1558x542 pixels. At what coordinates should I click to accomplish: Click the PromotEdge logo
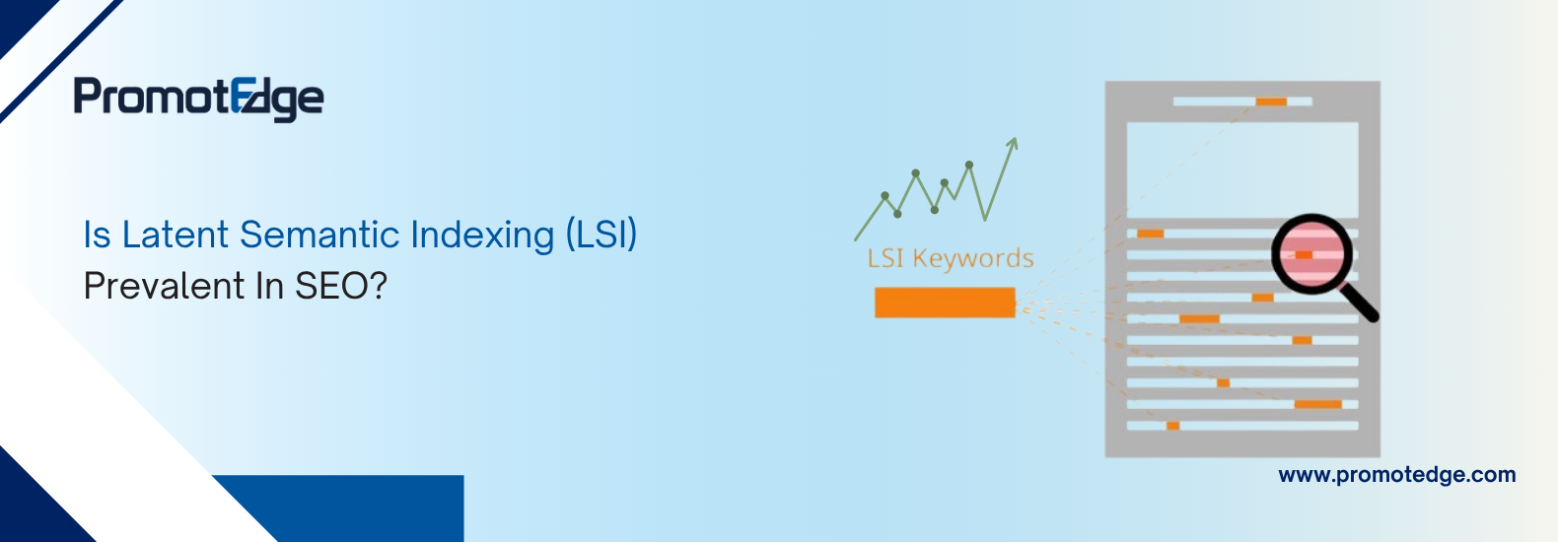198,98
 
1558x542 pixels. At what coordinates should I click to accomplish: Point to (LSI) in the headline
601,236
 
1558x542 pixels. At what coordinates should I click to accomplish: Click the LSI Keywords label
950,258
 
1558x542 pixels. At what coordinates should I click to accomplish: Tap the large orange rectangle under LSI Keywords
945,303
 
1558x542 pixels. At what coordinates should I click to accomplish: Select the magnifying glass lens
1309,253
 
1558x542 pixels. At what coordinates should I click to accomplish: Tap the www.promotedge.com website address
1396,475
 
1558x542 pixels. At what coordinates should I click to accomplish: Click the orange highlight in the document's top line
1271,102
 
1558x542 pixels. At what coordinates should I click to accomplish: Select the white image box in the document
1242,169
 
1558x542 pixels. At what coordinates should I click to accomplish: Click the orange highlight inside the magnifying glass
1304,254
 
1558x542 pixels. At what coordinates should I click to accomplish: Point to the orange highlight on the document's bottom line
1172,426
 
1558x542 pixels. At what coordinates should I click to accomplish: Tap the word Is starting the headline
97,236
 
